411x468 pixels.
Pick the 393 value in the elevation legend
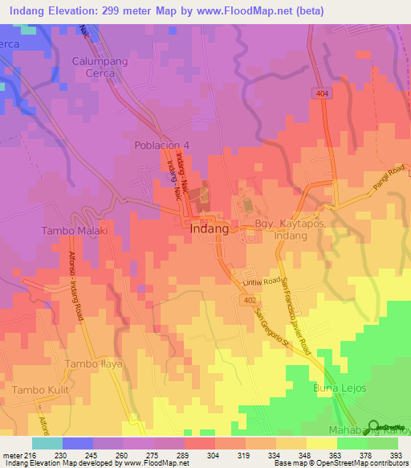[397, 455]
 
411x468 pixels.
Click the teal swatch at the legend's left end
[47, 443]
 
